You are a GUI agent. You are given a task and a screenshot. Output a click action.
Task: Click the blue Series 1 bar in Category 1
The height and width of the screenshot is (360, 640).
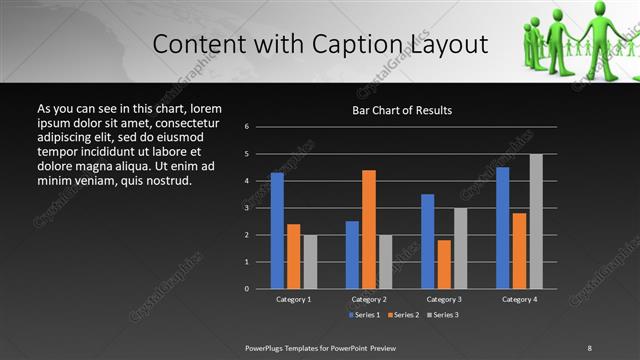click(277, 230)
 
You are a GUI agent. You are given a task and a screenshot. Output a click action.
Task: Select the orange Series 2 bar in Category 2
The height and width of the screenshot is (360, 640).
click(369, 229)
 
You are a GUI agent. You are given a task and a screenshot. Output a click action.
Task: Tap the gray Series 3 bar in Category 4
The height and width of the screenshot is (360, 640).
click(536, 221)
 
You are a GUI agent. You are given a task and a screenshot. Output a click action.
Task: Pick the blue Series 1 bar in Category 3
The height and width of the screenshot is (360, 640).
click(428, 241)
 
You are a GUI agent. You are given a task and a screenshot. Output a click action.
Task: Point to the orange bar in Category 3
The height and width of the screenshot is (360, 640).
click(444, 264)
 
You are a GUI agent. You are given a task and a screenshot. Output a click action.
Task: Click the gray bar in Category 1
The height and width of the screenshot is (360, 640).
click(310, 262)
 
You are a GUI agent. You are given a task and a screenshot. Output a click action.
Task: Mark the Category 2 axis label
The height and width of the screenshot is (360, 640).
click(369, 299)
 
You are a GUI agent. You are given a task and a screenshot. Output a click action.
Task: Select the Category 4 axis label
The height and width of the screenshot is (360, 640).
click(519, 299)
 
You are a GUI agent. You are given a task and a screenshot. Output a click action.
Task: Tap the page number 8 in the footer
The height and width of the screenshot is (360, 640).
click(590, 347)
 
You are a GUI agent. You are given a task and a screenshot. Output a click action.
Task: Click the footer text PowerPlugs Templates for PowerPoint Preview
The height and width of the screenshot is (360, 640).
click(320, 347)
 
